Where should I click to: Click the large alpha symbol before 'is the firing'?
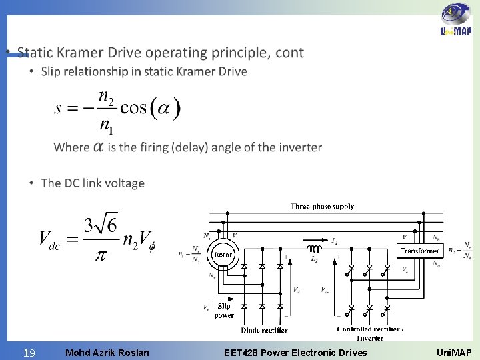click(x=98, y=147)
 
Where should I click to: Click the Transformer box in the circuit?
click(x=419, y=251)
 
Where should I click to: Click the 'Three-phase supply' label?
click(x=322, y=207)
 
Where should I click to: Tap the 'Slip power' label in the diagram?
click(x=223, y=311)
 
